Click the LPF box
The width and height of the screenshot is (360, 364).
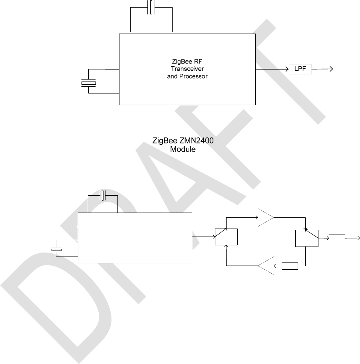(300, 69)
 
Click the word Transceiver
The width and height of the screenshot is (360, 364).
(187, 69)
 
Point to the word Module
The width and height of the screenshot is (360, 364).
(183, 149)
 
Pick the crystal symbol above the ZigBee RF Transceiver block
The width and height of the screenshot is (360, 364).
(151, 8)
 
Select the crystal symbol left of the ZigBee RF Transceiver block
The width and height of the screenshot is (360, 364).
(89, 83)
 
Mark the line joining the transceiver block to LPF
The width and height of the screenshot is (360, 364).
(272, 69)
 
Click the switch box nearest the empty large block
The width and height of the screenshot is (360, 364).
(226, 237)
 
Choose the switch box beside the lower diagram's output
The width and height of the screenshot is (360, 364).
(306, 238)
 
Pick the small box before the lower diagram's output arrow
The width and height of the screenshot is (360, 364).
(337, 239)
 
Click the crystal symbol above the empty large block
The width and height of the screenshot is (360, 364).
(103, 196)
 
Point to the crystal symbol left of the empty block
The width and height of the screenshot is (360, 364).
(57, 250)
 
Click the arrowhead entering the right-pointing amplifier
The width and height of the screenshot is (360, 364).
(256, 218)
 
